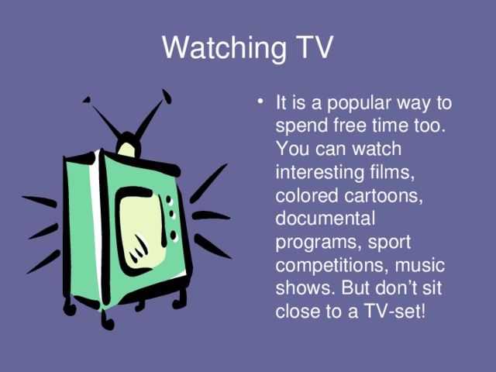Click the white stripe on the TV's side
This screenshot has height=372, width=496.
pos(95,225)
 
